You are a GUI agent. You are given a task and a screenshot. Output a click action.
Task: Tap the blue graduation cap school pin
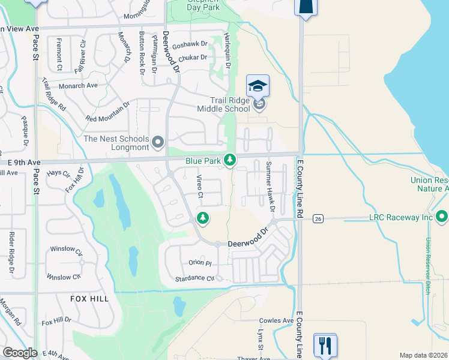point(258,86)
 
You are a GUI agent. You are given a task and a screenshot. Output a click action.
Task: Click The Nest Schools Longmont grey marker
point(158,142)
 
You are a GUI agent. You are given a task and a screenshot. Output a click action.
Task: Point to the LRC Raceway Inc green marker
point(442,215)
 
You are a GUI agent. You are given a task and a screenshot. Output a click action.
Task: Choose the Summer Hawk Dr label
point(269,187)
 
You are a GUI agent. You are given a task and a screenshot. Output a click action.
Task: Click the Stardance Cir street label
point(194,279)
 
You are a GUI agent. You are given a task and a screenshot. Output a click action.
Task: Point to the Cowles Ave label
point(276,321)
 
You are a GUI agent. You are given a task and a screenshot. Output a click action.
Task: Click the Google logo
point(20,353)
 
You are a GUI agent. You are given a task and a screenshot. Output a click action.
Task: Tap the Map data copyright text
point(423,355)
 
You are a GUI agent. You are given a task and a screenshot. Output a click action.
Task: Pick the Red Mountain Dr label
point(108,112)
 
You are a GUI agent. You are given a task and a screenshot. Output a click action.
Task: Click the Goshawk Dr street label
point(189,44)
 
